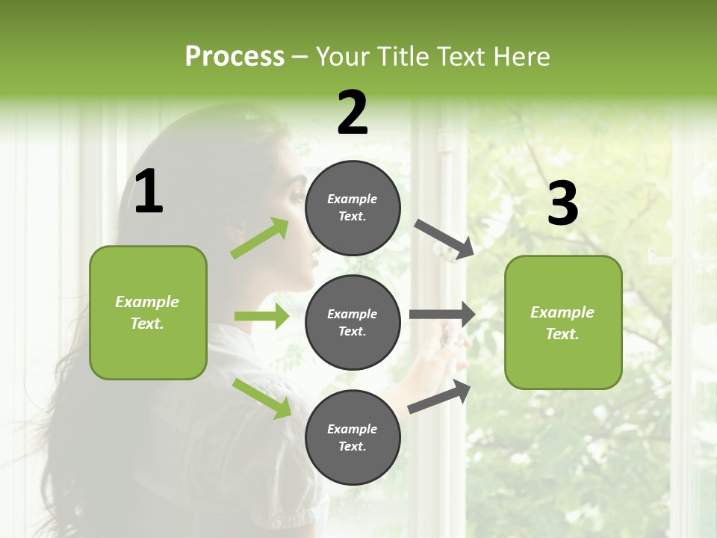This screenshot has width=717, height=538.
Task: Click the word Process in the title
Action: click(x=235, y=56)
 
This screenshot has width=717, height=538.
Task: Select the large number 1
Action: click(x=149, y=192)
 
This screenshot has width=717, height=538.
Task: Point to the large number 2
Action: click(x=353, y=112)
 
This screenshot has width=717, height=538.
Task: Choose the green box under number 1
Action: click(x=148, y=312)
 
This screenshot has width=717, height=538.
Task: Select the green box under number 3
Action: click(x=563, y=322)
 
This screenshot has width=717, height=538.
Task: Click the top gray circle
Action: click(x=353, y=208)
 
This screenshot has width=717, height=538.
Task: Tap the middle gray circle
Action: click(x=353, y=322)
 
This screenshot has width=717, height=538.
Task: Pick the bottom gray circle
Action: click(x=353, y=437)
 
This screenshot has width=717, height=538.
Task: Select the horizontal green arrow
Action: click(x=261, y=316)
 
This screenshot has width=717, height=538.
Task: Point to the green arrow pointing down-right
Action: click(x=261, y=398)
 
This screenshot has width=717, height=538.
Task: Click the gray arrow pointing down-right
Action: click(x=444, y=239)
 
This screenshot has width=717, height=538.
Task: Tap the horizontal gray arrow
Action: click(x=442, y=314)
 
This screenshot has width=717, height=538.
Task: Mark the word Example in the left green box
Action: click(x=147, y=302)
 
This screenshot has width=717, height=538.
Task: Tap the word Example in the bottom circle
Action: click(x=353, y=429)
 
